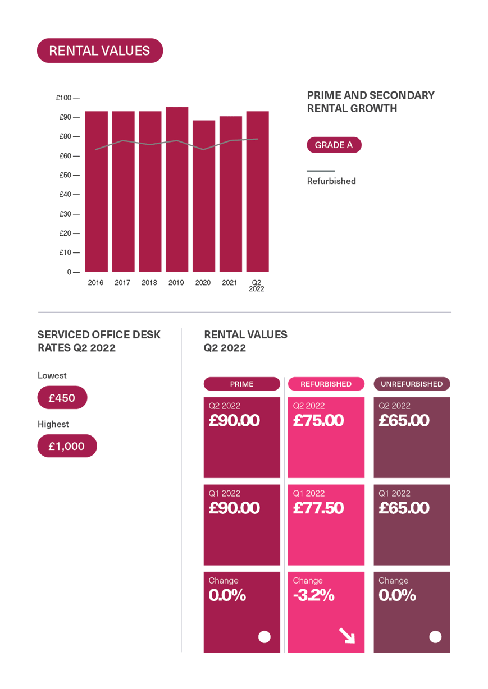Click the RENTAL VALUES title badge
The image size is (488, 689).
[99, 50]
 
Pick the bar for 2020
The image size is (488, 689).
[203, 196]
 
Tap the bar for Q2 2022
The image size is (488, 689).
[257, 191]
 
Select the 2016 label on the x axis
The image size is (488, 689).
[95, 283]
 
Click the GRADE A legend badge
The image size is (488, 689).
[334, 145]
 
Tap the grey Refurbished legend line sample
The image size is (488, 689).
[321, 171]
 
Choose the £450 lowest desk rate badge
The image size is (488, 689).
[62, 398]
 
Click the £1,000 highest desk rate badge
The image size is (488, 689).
[66, 447]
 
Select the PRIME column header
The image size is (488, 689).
[241, 384]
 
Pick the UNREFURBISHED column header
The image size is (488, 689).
[412, 384]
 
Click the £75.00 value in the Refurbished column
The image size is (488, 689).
[318, 421]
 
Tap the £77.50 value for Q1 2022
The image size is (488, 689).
[318, 508]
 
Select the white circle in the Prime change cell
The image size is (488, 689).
[264, 637]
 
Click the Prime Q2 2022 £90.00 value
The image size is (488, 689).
[234, 421]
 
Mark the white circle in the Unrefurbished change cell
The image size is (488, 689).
[435, 637]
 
